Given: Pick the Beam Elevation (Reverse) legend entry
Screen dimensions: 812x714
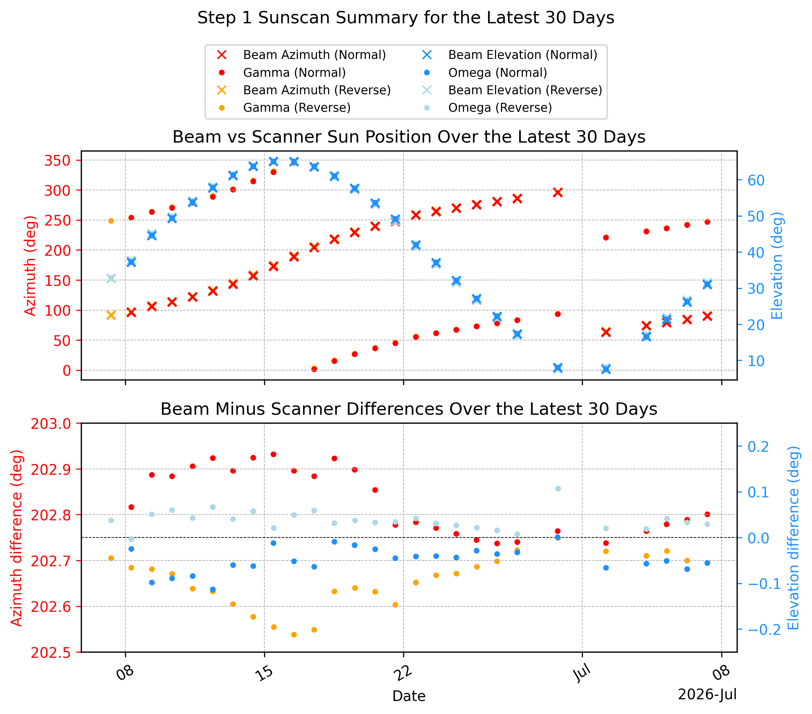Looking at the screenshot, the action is click(x=512, y=90).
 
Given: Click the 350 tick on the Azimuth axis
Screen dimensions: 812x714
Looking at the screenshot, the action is click(x=57, y=161).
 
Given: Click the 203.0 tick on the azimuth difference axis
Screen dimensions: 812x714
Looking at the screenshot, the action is click(x=51, y=424).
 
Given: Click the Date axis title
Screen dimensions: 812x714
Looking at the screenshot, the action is click(x=409, y=696).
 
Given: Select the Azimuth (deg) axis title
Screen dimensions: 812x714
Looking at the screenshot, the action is click(x=30, y=266).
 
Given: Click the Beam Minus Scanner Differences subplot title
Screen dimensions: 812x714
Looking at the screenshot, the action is click(x=409, y=409).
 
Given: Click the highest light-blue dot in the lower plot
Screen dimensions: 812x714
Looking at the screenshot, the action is click(x=558, y=488).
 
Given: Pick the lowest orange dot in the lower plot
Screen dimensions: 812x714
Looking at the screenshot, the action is click(x=294, y=635).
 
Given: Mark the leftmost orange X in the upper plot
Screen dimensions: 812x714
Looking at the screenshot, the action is click(x=111, y=315).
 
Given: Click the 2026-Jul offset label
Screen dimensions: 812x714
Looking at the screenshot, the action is click(x=707, y=694).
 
